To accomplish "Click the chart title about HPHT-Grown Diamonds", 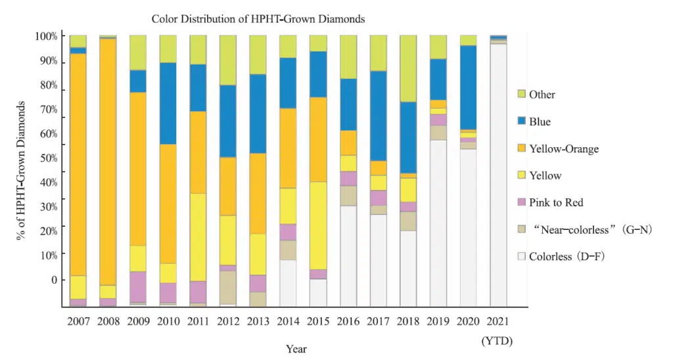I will pos(258,19).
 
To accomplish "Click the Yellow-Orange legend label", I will pos(564,149).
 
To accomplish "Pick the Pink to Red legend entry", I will pos(556,202).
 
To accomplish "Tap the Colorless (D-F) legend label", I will pos(567,257).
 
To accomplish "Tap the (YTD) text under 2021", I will pos(497,341).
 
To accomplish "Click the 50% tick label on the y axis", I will pos(48,158).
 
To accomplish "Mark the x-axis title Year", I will pos(296,349).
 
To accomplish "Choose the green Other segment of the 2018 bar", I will pos(408,68).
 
